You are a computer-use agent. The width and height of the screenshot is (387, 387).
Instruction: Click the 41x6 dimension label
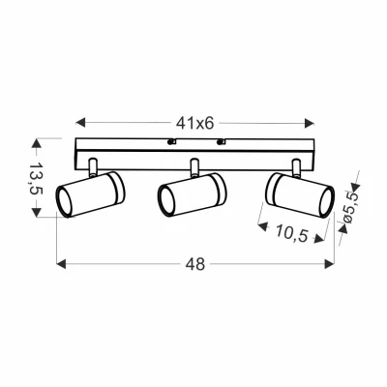[x=195, y=123]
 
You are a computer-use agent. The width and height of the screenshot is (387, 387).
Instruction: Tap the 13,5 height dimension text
[x=36, y=177]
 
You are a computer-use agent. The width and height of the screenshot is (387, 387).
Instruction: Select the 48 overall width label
[x=195, y=264]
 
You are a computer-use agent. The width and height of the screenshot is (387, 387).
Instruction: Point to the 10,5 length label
[x=290, y=233]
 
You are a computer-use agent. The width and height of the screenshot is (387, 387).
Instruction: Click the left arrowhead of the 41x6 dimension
[x=80, y=123]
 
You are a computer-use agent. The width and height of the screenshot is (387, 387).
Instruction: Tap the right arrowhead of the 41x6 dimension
[x=310, y=123]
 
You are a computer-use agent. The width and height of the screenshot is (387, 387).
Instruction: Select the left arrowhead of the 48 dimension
[x=61, y=264]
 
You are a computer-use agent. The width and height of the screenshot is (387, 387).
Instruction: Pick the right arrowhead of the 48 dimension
[x=329, y=264]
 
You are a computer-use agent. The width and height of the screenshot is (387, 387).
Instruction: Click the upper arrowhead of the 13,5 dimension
[x=36, y=143]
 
